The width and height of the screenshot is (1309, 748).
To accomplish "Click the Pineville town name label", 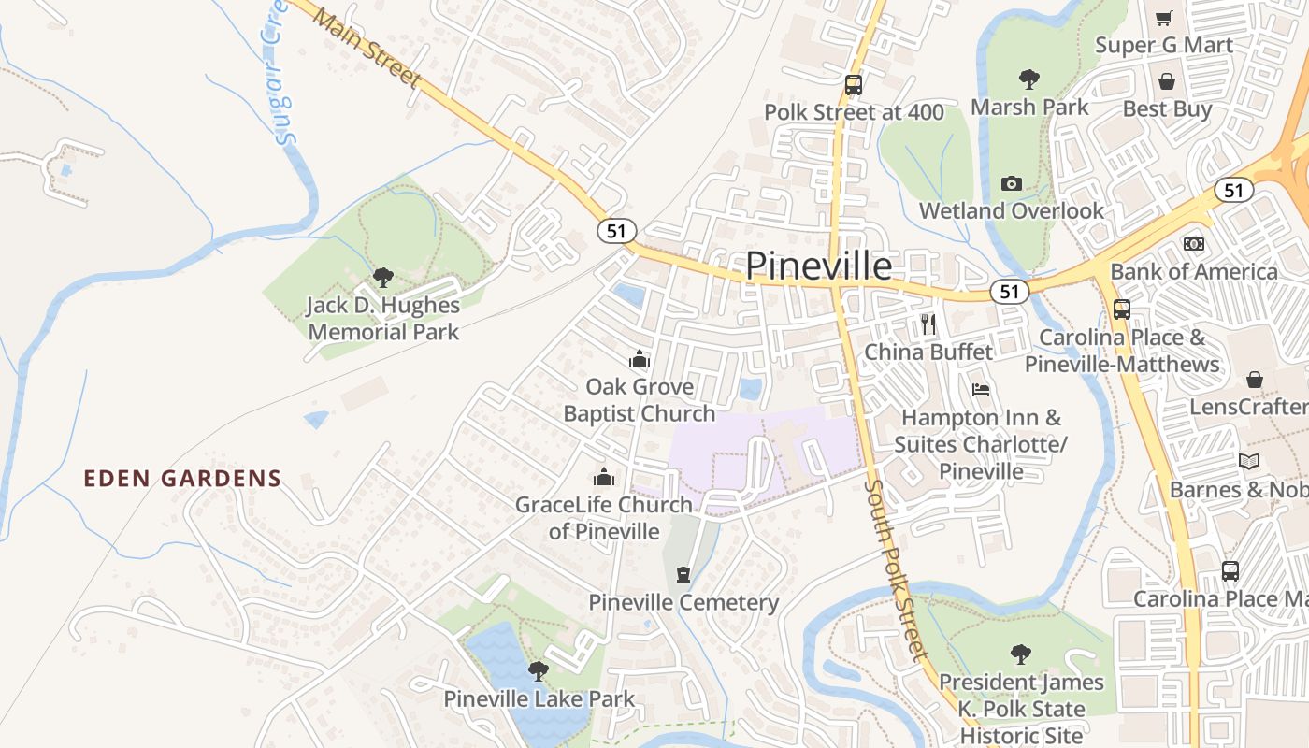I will (818, 266).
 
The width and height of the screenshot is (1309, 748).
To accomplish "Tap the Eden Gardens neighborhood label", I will (182, 479).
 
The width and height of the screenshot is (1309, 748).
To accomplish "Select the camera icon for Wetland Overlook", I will (1011, 183).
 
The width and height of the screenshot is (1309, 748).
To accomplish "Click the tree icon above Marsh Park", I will (1029, 79).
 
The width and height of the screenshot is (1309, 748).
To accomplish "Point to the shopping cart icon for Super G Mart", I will (1164, 18).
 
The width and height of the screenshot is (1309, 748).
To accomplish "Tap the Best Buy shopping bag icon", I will (1166, 81).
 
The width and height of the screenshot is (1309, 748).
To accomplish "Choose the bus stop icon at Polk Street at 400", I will (853, 85).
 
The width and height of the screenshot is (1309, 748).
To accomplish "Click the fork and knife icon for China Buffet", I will (928, 324).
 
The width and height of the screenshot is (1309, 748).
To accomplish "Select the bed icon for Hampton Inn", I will (980, 389).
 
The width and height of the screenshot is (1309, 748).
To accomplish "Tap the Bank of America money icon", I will (1193, 244).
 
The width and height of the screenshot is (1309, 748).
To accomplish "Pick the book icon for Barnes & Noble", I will (1248, 461).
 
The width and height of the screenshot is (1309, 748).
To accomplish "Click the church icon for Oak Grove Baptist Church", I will (640, 359).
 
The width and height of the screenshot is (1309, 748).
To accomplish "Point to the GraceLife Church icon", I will (605, 477).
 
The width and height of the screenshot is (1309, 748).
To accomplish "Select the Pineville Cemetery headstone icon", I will (683, 574).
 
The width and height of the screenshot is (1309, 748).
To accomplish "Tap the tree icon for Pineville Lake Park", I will (538, 670).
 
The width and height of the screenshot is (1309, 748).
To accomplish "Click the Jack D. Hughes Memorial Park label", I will (383, 318).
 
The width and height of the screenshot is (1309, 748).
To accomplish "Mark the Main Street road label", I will (367, 49).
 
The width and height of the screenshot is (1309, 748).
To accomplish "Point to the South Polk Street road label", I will (895, 570).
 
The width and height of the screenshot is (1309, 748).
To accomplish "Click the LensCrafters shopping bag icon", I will (1254, 380).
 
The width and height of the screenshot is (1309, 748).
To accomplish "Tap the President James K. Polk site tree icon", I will (1021, 654).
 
